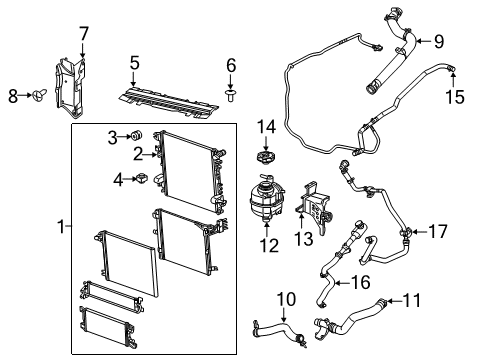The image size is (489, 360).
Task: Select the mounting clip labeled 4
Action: click(142, 179)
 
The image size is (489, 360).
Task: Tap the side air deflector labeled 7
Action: click(68, 75)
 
